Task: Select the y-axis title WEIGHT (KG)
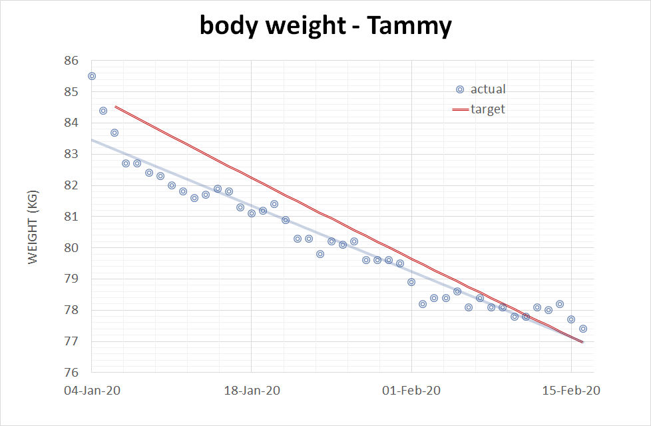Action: (x=33, y=217)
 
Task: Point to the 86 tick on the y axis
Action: (x=71, y=61)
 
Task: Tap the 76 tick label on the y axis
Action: (x=71, y=373)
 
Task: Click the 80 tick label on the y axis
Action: (x=71, y=248)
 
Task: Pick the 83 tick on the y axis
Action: (x=71, y=154)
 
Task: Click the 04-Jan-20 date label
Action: (x=92, y=391)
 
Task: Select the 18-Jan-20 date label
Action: (x=252, y=391)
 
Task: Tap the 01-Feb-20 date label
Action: (x=412, y=391)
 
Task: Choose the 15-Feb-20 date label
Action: (x=572, y=391)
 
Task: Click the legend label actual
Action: (x=488, y=89)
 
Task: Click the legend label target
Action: (x=488, y=109)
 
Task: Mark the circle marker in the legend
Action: (x=459, y=89)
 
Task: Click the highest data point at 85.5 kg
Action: (x=92, y=76)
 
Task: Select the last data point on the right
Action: (x=582, y=329)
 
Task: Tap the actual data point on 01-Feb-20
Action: (x=411, y=282)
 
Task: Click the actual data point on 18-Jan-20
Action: (x=252, y=213)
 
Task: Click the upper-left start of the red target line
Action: (x=116, y=107)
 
